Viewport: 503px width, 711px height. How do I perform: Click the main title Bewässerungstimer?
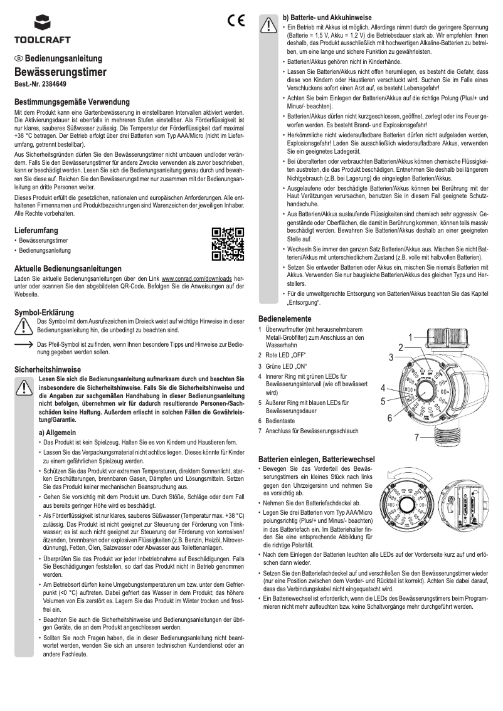tap(60, 72)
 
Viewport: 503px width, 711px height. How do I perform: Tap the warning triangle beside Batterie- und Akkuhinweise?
tap(268, 24)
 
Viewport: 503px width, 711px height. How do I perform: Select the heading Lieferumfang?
tap(37, 231)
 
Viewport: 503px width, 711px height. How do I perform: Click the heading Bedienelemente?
tap(288, 318)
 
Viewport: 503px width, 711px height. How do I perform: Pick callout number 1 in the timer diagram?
tap(409, 337)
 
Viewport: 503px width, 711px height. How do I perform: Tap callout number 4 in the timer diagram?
tap(383, 387)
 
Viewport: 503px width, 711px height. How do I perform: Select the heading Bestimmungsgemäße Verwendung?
tap(72, 101)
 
